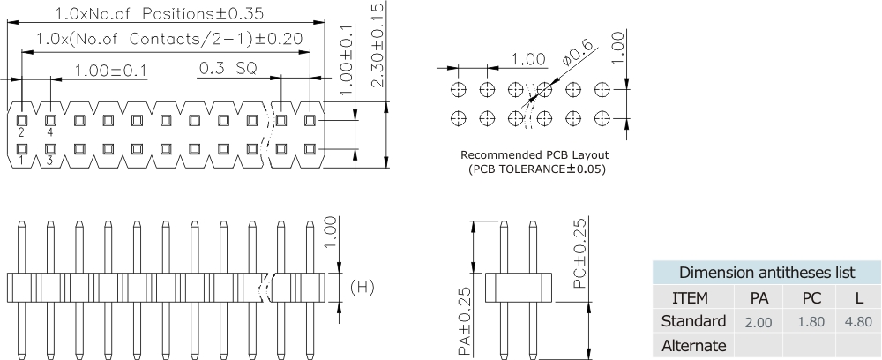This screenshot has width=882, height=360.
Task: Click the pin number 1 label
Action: click(x=20, y=161)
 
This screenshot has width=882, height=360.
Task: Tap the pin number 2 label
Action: click(x=20, y=132)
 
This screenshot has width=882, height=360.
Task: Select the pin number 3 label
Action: click(x=49, y=161)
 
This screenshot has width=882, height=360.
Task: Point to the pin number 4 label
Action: click(x=50, y=132)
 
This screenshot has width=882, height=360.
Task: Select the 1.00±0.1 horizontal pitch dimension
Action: click(x=111, y=70)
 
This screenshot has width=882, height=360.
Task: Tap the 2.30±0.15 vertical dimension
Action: click(x=377, y=44)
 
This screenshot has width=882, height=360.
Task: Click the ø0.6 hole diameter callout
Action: click(x=576, y=59)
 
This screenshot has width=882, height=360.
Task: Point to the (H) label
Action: click(x=363, y=287)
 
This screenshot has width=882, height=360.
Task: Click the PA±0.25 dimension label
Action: click(x=464, y=321)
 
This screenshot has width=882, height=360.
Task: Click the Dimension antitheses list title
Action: click(x=766, y=272)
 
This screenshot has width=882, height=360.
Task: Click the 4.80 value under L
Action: click(x=857, y=321)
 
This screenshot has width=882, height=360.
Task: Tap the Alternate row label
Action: click(x=692, y=345)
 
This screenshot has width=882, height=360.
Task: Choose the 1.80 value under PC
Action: click(x=810, y=321)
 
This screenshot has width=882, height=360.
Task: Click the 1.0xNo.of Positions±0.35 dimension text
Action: click(x=159, y=13)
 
